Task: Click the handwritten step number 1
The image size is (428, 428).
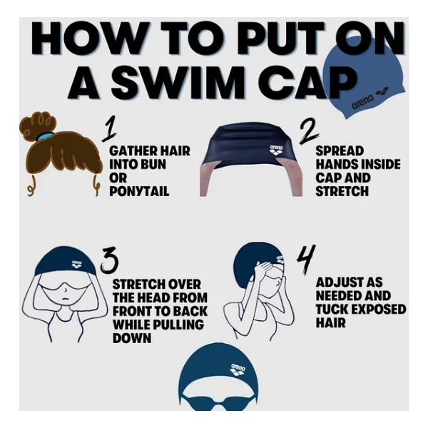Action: pos(110,128)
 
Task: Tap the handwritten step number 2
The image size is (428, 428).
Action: pos(309,131)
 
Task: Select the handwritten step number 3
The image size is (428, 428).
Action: pos(109,260)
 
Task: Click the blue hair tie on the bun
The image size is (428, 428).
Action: pos(44,136)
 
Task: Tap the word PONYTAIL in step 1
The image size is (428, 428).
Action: pos(139,190)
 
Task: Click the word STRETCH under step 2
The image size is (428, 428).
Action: pos(342,190)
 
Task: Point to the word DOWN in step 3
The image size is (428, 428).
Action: pos(132,338)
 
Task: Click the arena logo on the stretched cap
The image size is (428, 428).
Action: pos(276,150)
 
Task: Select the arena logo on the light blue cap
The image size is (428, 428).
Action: pos(370,100)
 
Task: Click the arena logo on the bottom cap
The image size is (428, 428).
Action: pos(238,370)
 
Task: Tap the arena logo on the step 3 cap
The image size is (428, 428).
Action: pos(77,264)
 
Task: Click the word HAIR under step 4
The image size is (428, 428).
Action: pos(331,322)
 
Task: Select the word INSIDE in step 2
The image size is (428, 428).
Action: pos(380,164)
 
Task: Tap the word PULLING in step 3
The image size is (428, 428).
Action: pos(178,325)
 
